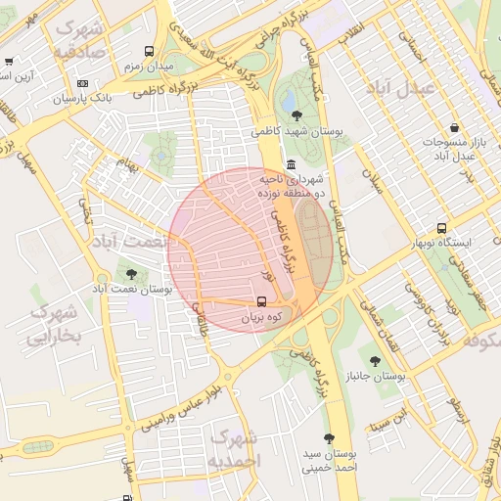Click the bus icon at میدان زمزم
coord(148,51)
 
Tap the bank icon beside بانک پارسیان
coord(82,84)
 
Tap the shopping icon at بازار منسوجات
coord(454,127)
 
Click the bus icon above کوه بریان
coord(261,302)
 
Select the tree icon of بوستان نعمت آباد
coord(131,273)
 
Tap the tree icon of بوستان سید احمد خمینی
coord(328,439)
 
